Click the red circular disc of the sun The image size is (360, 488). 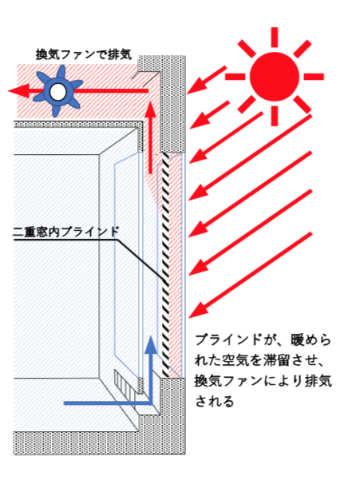(x=274, y=77)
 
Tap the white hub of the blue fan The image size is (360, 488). (x=58, y=92)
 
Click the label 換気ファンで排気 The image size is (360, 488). (x=83, y=54)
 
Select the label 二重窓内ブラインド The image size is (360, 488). (x=66, y=232)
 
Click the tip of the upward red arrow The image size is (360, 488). (x=151, y=101)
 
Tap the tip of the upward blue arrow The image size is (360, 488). (x=152, y=336)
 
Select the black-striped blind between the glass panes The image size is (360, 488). (x=165, y=264)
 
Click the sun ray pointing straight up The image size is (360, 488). (x=274, y=38)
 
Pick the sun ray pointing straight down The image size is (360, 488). (x=274, y=116)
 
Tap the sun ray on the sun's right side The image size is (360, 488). (x=314, y=77)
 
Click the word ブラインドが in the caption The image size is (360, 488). (x=231, y=340)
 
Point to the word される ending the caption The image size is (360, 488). (x=214, y=401)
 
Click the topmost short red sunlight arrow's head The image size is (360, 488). (x=196, y=87)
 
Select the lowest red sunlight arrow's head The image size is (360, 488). (x=198, y=311)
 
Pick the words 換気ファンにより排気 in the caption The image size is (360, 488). (x=263, y=381)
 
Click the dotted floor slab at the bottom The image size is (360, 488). (x=100, y=442)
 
